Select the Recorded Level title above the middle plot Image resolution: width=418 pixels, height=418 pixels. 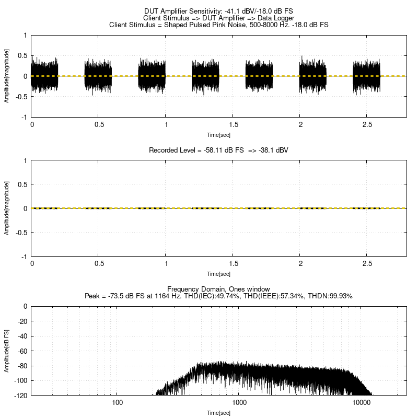[218, 150]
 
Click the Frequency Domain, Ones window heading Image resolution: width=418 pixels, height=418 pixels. [218, 289]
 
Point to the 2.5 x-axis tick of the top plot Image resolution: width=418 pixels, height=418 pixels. [367, 125]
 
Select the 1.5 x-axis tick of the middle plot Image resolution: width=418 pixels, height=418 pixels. [233, 264]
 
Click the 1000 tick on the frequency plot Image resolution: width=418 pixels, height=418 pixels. [240, 403]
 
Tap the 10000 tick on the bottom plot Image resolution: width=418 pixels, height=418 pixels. [362, 403]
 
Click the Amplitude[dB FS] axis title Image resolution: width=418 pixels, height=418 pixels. [7, 351]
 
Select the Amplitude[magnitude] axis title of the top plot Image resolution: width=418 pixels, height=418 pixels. [7, 76]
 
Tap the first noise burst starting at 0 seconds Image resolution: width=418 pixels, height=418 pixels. [45, 76]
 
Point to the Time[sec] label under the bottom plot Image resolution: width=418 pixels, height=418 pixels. [218, 413]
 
